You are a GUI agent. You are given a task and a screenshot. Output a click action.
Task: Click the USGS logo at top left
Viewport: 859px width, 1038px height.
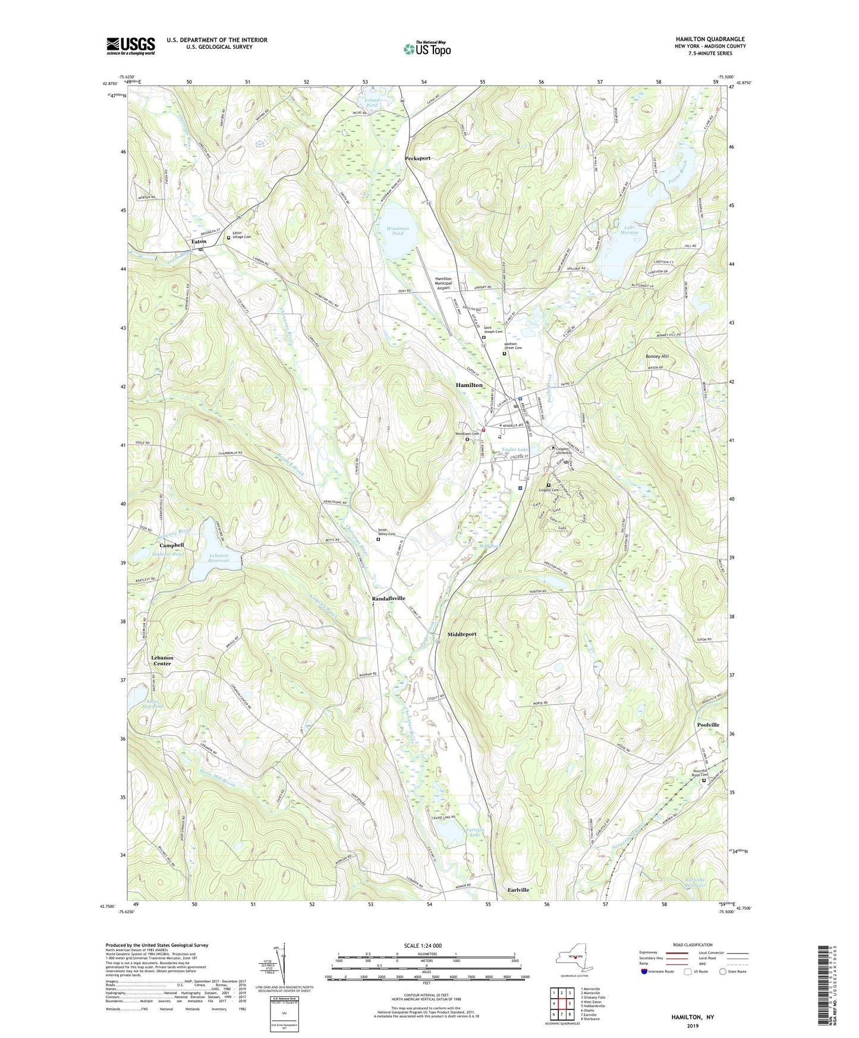[x=131, y=46]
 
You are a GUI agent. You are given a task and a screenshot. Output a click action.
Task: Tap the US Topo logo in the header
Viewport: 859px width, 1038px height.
[x=427, y=49]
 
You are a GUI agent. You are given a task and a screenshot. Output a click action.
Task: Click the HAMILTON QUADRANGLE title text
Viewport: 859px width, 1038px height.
[x=710, y=39]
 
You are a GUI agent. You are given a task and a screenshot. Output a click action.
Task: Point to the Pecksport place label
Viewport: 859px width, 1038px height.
[x=417, y=159]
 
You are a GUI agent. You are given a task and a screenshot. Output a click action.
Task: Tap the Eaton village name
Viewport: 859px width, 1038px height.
[x=199, y=241]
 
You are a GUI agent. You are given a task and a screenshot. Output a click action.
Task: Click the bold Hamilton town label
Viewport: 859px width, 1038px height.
[x=469, y=385]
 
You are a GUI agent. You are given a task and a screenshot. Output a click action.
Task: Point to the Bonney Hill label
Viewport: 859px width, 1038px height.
[x=657, y=357]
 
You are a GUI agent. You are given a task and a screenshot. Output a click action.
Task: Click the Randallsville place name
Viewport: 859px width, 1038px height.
[x=388, y=598]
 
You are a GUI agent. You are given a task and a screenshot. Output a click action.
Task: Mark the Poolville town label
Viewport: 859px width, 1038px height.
[x=708, y=725]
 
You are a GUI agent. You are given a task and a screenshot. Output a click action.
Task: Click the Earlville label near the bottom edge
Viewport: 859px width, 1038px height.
[x=518, y=890]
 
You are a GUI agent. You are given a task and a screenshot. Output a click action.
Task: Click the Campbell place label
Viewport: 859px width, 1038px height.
[x=171, y=545]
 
